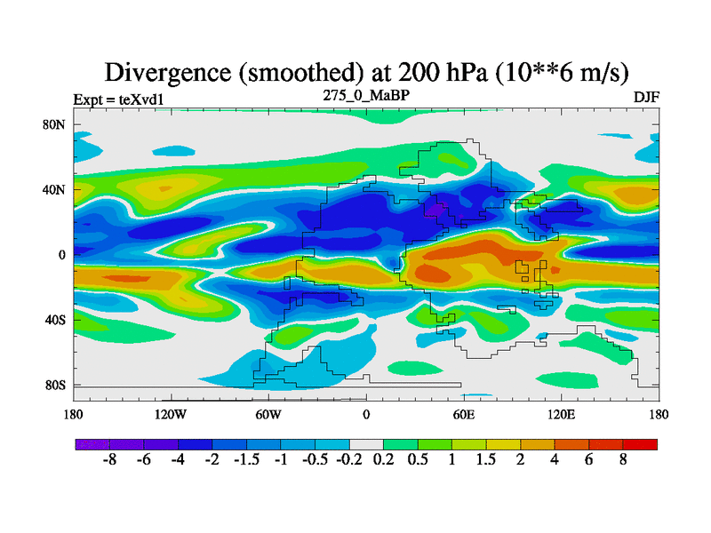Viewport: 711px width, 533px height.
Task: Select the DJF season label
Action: pos(646,96)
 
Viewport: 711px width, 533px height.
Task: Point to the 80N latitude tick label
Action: pos(54,124)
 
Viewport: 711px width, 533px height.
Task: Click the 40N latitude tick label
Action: pos(54,189)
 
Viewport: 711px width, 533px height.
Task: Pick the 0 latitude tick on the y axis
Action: pos(62,255)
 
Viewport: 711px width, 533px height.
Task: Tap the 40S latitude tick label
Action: pos(55,320)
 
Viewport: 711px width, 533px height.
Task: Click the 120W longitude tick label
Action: pos(171,414)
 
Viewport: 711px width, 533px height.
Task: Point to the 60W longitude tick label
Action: pos(268,414)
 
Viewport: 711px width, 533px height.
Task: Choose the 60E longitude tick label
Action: pos(463,414)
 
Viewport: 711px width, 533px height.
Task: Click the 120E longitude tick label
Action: pos(561,414)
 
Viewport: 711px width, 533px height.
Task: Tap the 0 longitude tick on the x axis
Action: pos(366,414)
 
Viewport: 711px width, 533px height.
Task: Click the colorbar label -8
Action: pos(110,461)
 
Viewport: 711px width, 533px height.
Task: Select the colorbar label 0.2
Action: pos(383,461)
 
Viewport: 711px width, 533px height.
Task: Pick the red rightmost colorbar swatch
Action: pos(640,443)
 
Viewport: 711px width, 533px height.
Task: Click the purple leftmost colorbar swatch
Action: pos(92,443)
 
